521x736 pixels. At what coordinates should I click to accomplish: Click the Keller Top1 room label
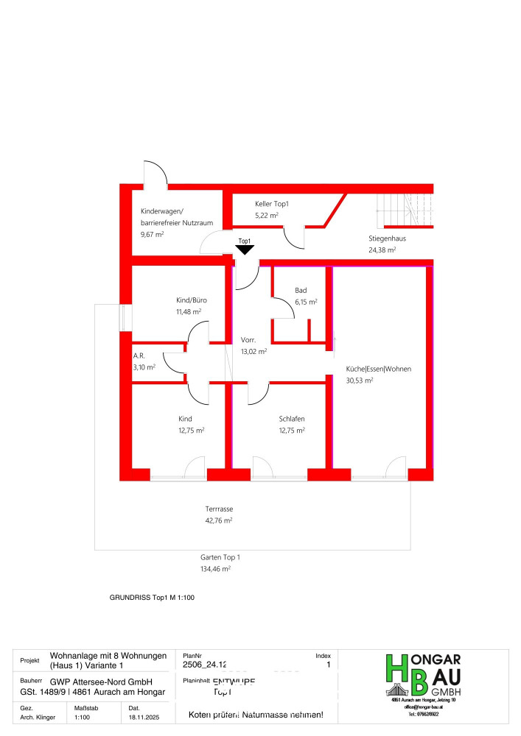coord(271,203)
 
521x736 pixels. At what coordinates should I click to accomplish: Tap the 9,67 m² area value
coord(152,234)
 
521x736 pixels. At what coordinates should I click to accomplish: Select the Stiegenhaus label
coord(388,238)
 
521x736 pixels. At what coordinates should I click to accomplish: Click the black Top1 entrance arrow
coord(245,250)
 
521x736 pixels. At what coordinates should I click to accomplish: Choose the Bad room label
coord(301,291)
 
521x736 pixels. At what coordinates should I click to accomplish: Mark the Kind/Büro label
coord(191,300)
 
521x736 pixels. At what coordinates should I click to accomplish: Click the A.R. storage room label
coord(139,355)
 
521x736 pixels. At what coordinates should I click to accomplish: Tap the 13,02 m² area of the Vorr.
coord(253,352)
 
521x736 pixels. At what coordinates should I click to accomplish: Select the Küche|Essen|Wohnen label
coord(379,369)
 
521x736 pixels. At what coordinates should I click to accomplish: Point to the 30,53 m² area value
coord(360,381)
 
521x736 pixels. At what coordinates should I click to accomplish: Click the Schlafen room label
coord(292,419)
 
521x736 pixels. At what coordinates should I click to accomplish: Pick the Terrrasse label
coord(219,509)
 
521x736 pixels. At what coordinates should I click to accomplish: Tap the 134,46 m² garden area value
coord(217,569)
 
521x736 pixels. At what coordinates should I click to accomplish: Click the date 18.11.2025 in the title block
coord(144,716)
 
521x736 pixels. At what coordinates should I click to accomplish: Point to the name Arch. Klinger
coord(38,716)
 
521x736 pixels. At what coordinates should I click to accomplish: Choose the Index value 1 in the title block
coord(327,665)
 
